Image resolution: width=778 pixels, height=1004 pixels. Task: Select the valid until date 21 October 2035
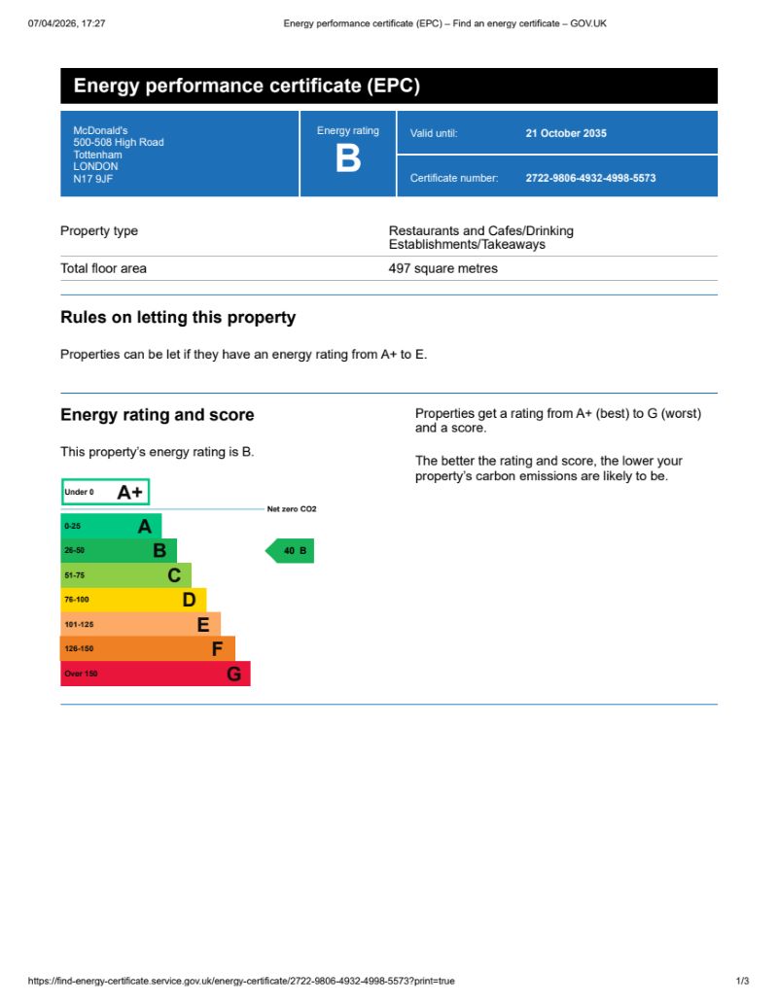[566, 133]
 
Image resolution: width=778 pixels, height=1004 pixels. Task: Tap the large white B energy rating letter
[348, 158]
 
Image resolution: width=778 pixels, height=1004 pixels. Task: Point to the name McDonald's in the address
[100, 130]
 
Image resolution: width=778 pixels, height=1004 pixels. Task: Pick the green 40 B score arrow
[291, 551]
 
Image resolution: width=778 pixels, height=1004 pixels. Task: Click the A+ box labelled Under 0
[105, 493]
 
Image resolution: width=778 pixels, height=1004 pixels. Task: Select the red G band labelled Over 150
[155, 674]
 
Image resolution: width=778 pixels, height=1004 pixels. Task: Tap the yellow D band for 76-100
[132, 600]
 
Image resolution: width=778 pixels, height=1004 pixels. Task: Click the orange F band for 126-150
[147, 648]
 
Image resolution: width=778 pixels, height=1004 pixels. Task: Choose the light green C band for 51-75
[125, 575]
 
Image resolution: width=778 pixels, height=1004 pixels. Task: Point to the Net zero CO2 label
[292, 509]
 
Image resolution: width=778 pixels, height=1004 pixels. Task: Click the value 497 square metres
[442, 268]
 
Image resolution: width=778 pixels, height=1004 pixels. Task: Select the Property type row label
[99, 231]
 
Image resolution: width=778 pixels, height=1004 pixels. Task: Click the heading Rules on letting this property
[178, 318]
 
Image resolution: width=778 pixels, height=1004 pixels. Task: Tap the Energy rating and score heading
[157, 415]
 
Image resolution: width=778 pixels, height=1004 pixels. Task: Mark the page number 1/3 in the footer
[742, 981]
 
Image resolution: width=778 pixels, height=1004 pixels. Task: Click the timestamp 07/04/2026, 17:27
[67, 22]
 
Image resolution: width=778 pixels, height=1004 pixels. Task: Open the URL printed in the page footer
[241, 981]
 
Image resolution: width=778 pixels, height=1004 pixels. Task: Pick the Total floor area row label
[103, 268]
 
